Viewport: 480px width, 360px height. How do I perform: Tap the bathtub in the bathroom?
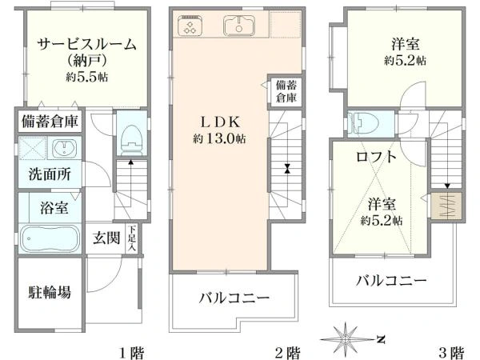[48, 238]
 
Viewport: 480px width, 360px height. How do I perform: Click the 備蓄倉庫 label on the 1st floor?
[50, 122]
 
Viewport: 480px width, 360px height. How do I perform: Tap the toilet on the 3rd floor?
[364, 122]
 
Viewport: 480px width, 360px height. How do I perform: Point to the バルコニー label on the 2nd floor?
[234, 298]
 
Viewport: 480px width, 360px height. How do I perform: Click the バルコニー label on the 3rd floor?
[391, 281]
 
